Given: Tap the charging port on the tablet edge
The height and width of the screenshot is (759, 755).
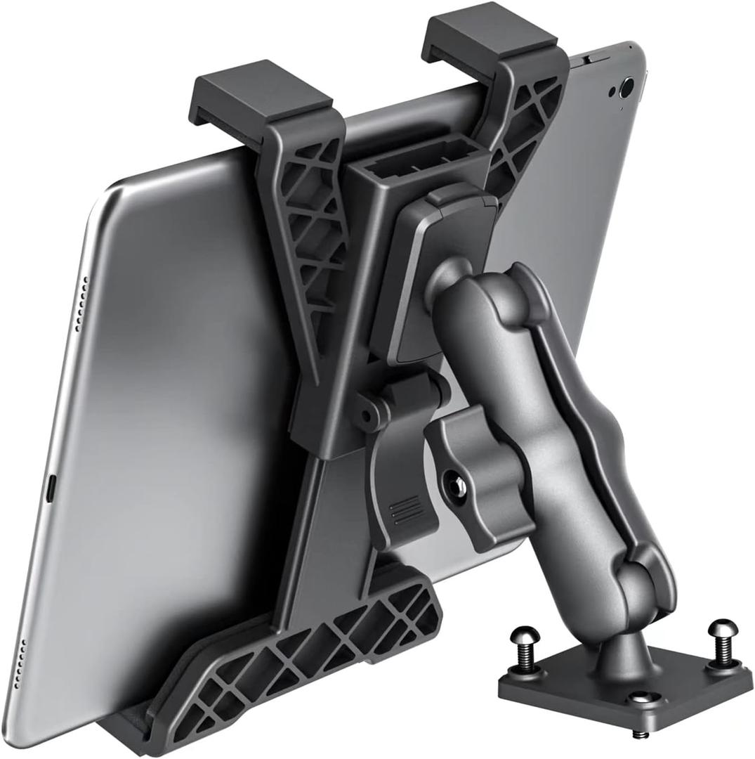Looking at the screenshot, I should [50, 488].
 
